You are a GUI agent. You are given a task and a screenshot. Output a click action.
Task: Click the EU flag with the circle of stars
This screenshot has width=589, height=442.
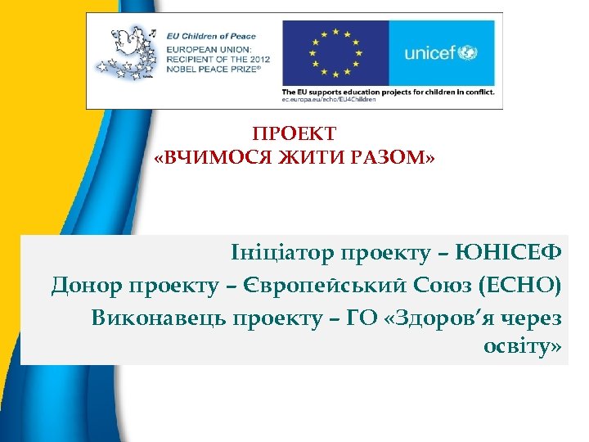(x=335, y=52)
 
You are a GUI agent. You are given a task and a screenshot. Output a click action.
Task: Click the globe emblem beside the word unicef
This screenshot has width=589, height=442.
(x=470, y=53)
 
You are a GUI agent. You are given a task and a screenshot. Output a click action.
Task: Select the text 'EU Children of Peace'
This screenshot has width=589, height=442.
(x=210, y=35)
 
